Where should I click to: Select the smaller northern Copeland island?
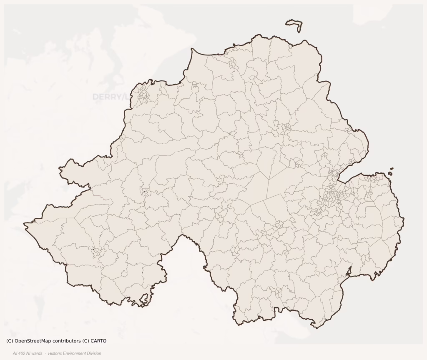click(x=392, y=169)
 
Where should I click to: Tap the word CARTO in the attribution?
click(x=98, y=341)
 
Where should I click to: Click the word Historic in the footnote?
click(x=55, y=353)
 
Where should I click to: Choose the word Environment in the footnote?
click(x=75, y=353)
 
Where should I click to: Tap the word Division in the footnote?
click(x=94, y=353)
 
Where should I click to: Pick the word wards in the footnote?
click(x=37, y=353)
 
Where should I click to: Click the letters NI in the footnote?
click(x=30, y=353)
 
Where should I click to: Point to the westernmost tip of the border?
click(x=24, y=225)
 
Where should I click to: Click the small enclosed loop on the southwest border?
click(x=145, y=298)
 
